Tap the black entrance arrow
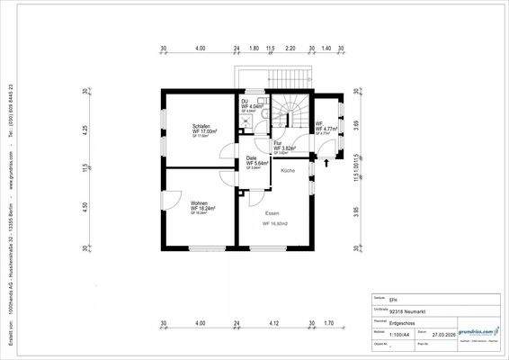point(325,164)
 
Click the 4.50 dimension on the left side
point(84,206)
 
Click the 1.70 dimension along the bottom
point(328,322)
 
